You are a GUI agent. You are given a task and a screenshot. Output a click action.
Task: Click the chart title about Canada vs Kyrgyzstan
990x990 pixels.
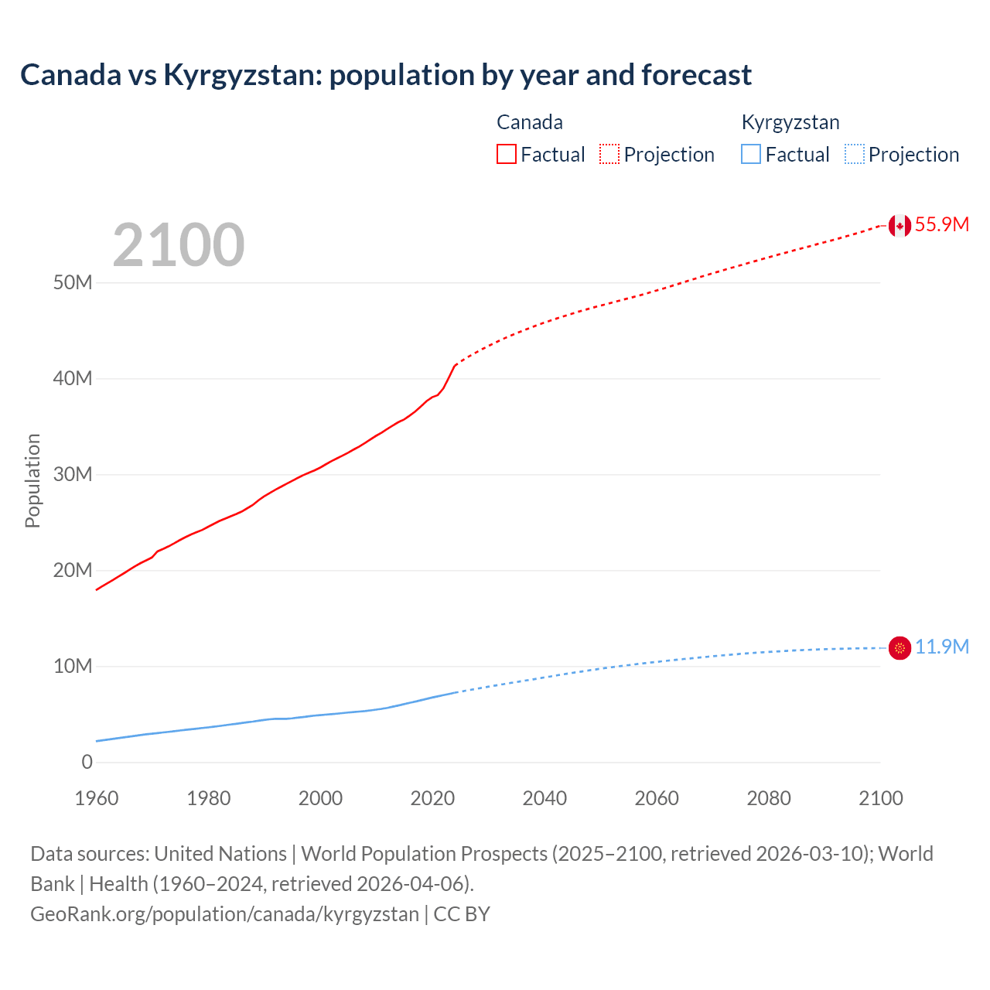[x=386, y=75]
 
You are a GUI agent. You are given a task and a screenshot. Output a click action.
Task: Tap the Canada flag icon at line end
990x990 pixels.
[x=900, y=225]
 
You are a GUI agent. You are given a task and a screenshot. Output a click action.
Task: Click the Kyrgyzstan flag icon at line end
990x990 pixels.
[x=900, y=647]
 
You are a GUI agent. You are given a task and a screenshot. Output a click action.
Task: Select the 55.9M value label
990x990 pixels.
[x=941, y=224]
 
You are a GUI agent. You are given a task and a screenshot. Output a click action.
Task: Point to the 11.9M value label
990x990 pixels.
[x=941, y=647]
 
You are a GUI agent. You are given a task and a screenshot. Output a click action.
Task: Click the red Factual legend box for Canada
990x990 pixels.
[x=507, y=154]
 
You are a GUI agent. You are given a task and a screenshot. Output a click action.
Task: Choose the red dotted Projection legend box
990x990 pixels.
[x=609, y=154]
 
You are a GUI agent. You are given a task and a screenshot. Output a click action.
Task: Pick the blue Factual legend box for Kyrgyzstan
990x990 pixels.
[x=751, y=154]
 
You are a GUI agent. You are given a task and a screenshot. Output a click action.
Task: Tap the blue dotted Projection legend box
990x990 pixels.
[x=855, y=154]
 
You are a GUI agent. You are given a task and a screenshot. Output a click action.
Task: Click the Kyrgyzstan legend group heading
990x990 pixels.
[x=790, y=122]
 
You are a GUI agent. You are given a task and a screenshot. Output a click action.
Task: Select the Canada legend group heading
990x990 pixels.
[x=529, y=122]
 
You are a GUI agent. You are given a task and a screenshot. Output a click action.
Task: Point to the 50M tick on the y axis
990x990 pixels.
[x=73, y=282]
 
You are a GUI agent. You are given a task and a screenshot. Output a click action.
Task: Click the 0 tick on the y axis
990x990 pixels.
[x=87, y=762]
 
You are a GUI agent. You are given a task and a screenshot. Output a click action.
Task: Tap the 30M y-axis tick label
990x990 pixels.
[x=73, y=474]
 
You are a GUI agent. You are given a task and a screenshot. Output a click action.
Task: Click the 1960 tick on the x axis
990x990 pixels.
[x=97, y=798]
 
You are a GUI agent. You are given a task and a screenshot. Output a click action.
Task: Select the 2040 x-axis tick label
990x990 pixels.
[x=544, y=798]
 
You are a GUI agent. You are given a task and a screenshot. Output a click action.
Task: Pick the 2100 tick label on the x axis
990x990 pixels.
[x=880, y=798]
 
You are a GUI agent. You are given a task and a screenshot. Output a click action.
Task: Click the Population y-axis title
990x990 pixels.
[x=32, y=480]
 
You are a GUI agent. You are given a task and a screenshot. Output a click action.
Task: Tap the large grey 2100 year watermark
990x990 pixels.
[x=179, y=245]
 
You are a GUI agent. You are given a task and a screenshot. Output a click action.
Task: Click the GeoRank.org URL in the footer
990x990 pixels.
[x=224, y=914]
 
